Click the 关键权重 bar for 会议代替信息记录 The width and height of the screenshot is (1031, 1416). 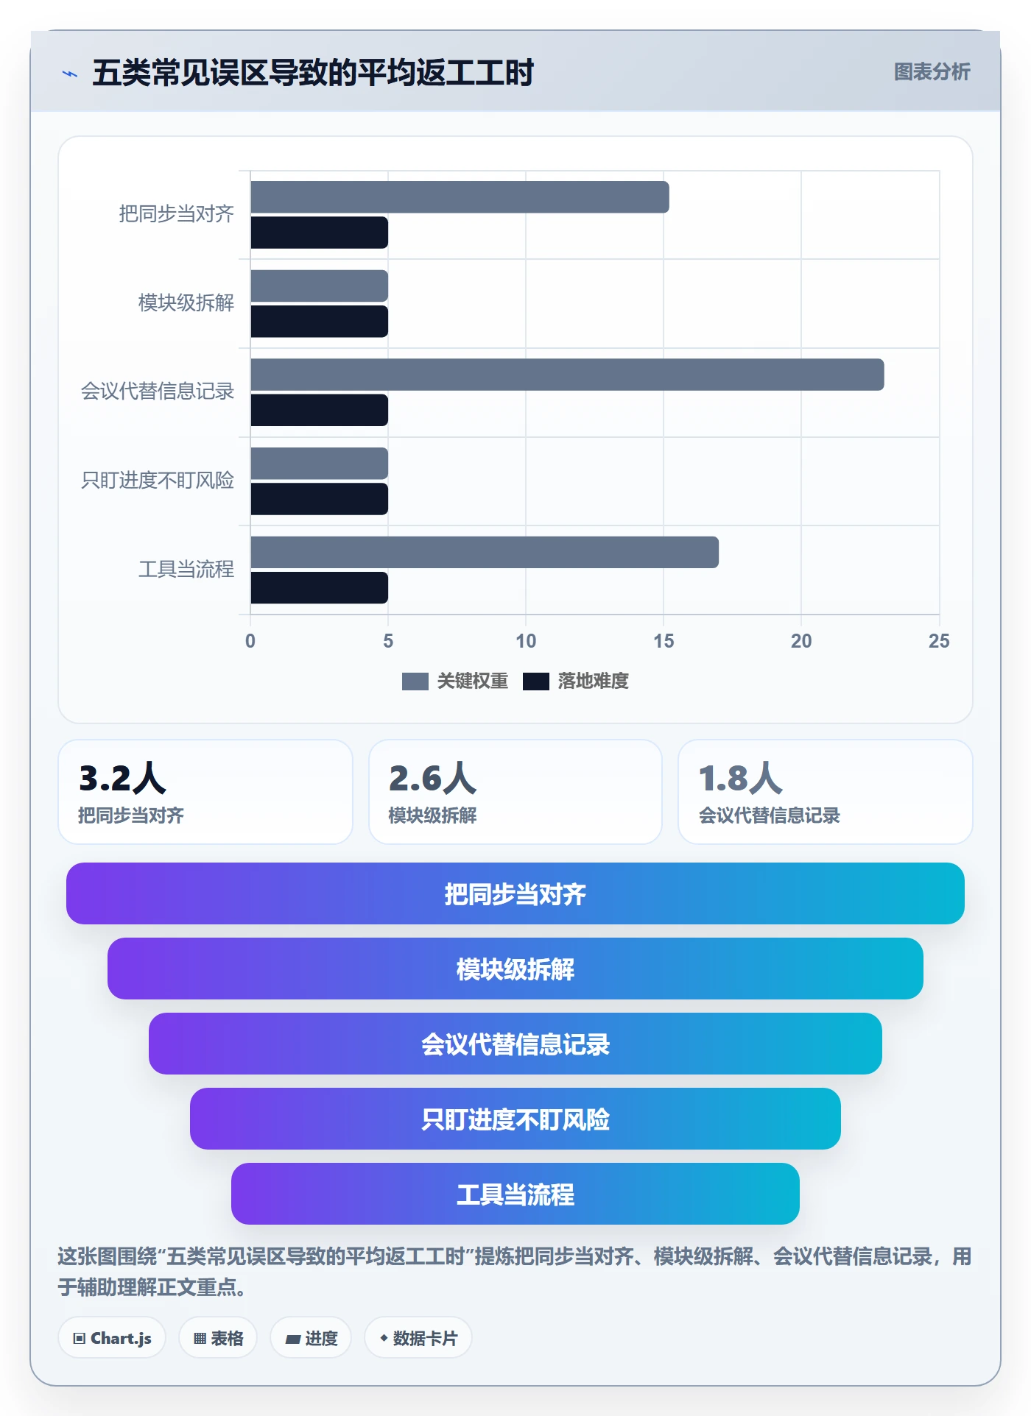[x=567, y=375]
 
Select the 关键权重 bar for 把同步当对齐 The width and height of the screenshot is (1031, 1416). [x=460, y=197]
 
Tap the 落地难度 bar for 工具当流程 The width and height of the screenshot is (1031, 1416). [x=319, y=588]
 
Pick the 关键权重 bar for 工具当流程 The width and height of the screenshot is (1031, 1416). [x=485, y=552]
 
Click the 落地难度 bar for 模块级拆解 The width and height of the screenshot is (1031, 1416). [x=319, y=322]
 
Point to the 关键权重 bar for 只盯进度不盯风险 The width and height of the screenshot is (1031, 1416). [x=319, y=464]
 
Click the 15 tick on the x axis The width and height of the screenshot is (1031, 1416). [x=664, y=641]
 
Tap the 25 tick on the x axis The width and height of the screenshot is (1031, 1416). [x=939, y=641]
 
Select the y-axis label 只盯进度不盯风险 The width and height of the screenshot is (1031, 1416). [x=158, y=481]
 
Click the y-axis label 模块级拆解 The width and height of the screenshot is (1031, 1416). [x=186, y=302]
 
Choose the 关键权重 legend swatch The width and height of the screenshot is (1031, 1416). [x=415, y=682]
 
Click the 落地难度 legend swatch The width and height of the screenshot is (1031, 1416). [x=536, y=682]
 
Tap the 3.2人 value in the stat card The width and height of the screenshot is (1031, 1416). [x=122, y=778]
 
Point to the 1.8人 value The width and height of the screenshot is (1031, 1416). [x=741, y=778]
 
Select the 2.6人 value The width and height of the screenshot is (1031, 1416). [x=432, y=778]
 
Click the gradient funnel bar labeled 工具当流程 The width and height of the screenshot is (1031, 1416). [x=515, y=1194]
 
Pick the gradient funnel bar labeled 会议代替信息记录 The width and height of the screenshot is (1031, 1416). [x=515, y=1044]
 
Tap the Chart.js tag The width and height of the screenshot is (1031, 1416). [x=112, y=1338]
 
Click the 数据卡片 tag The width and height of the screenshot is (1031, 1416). [x=418, y=1338]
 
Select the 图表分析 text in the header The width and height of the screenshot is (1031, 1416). [x=932, y=72]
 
